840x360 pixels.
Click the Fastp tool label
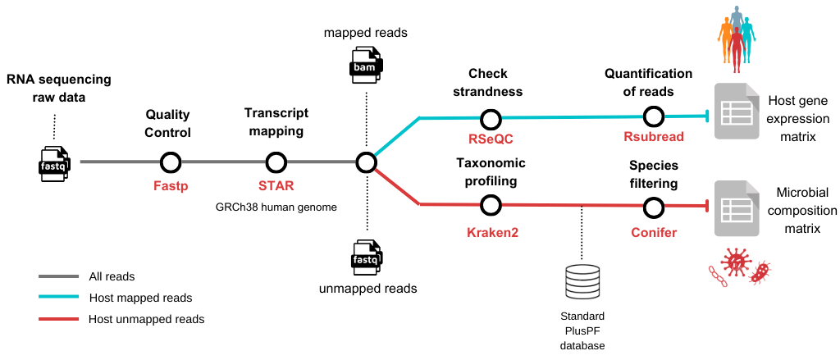tap(171, 186)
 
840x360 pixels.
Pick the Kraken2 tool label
tap(491, 233)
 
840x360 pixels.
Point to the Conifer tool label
tap(653, 233)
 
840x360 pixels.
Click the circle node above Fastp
tap(171, 162)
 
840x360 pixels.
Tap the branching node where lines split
tap(366, 162)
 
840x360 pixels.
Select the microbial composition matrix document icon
tap(737, 209)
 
